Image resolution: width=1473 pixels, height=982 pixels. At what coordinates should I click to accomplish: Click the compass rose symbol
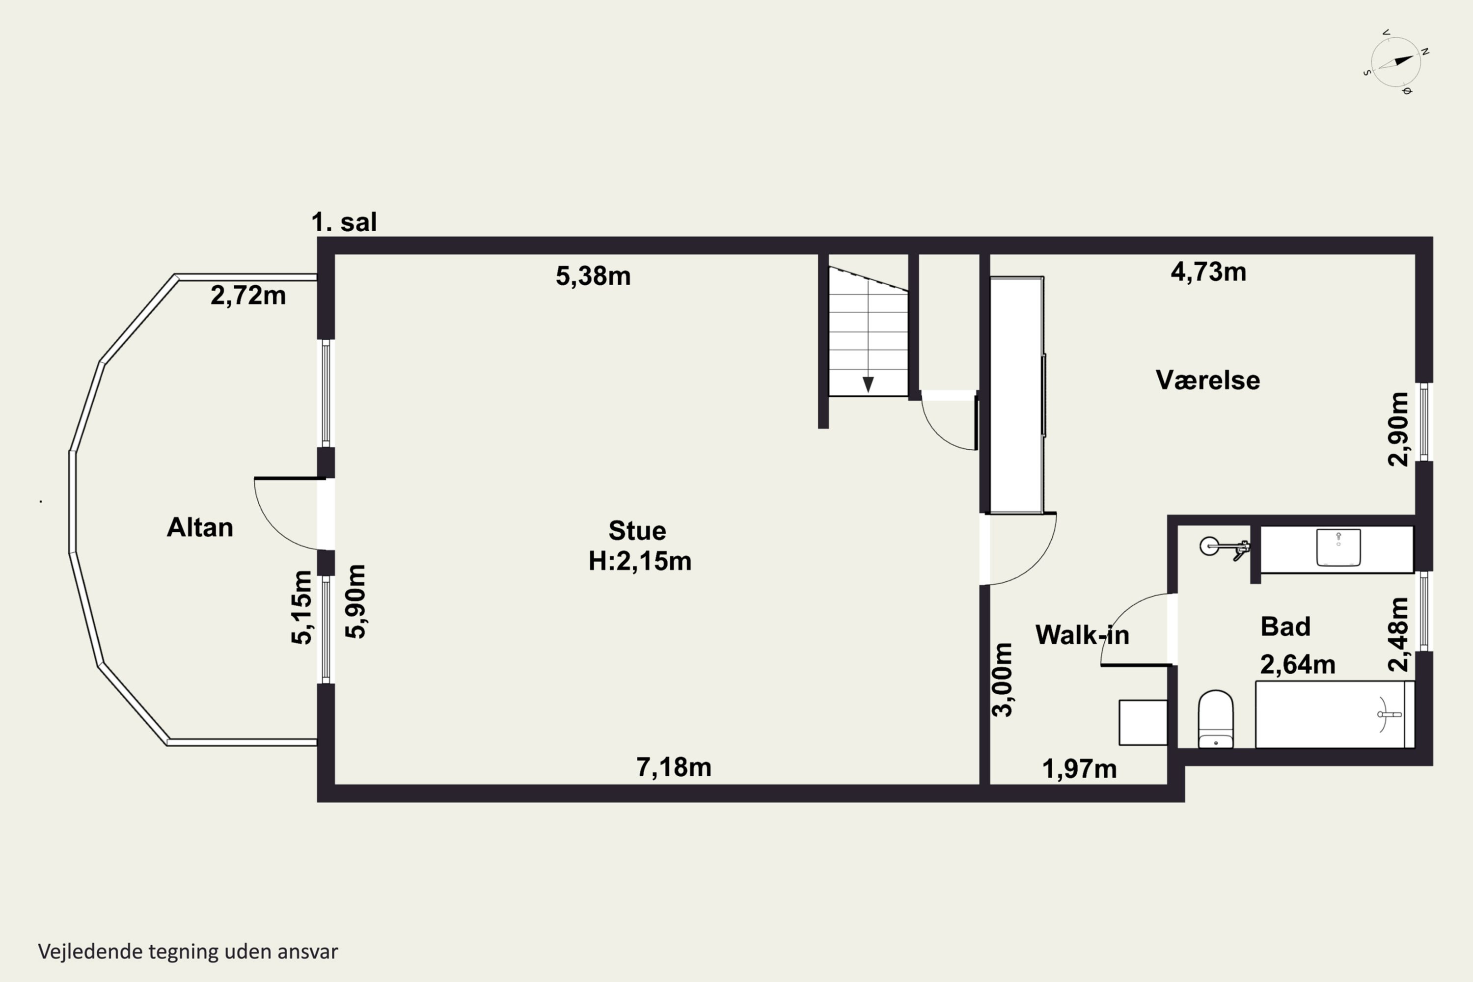click(1396, 61)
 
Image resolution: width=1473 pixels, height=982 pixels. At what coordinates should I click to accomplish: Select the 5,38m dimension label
click(593, 276)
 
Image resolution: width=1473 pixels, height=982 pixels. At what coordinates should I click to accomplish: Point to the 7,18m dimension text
click(674, 767)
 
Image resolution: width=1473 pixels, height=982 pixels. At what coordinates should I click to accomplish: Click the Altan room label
click(200, 527)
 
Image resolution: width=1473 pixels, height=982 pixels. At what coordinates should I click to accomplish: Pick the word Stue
click(637, 530)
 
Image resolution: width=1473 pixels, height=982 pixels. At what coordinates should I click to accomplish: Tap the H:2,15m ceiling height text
click(639, 561)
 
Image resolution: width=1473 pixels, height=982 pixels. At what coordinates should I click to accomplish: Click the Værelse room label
click(1207, 380)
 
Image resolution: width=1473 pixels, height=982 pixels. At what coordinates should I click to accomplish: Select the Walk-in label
click(1082, 635)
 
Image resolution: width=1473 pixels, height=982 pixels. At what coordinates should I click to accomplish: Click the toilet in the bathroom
click(1216, 719)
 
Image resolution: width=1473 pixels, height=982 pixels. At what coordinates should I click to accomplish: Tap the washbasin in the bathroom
click(1338, 547)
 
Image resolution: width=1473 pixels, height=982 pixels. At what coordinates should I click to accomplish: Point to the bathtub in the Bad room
click(1335, 714)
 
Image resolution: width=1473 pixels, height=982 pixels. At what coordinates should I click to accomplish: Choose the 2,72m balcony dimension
click(248, 296)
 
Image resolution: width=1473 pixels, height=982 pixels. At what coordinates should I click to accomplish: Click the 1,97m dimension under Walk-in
click(1079, 769)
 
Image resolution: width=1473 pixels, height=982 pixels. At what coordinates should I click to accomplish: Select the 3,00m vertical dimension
click(1002, 680)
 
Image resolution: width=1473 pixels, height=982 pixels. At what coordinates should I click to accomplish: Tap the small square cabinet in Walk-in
click(1143, 723)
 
